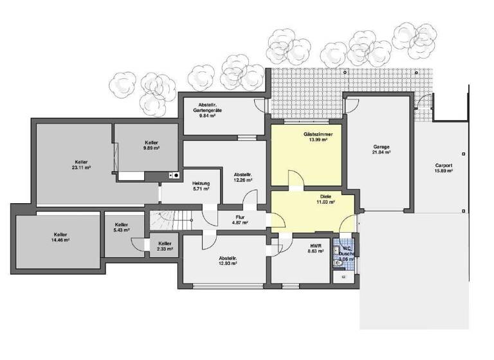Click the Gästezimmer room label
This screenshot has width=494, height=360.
[x=316, y=137]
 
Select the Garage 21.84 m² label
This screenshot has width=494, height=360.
[x=381, y=150]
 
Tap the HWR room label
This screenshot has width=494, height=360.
[x=316, y=248]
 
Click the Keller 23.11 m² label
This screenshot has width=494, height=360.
[x=81, y=165]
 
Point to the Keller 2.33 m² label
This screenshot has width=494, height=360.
[x=165, y=247]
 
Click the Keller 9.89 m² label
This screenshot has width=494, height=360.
[x=152, y=145]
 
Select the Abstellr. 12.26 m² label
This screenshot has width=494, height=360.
[x=242, y=177]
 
